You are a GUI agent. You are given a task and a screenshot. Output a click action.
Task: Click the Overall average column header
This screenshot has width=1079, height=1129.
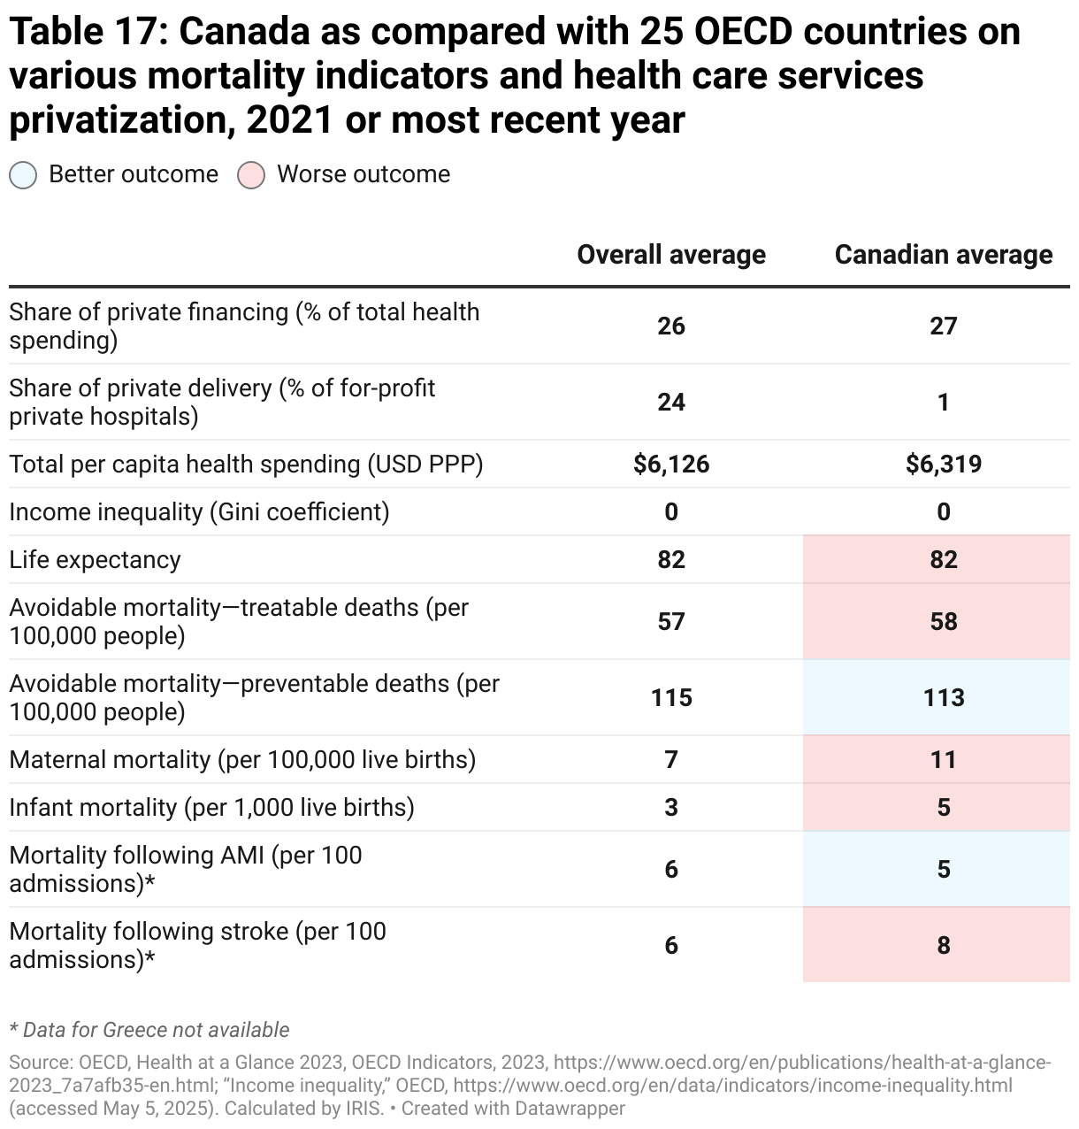670,255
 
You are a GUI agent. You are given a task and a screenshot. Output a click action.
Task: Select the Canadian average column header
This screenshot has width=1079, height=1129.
943,255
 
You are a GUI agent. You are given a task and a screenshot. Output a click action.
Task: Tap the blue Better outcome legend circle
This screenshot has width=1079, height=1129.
23,175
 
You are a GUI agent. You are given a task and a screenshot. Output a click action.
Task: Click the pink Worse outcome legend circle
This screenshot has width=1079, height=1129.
251,175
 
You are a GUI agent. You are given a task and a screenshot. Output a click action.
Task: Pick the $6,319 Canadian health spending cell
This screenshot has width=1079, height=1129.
943,465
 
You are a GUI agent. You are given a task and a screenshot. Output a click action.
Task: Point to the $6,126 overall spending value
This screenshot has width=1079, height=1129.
670,465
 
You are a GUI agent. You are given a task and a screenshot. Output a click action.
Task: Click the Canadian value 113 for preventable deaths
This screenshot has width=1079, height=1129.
943,698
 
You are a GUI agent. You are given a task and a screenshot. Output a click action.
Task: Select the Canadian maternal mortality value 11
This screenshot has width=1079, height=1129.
943,760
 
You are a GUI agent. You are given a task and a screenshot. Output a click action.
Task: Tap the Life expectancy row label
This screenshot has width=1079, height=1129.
95,560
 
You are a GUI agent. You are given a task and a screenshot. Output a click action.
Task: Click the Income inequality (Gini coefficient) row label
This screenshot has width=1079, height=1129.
199,512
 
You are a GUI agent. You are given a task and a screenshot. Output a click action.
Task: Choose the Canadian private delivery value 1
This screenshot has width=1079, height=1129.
943,403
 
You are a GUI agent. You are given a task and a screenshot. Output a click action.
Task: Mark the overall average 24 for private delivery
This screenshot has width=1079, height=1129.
670,403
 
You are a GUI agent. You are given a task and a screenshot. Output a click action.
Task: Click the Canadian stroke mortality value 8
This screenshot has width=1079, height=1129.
943,946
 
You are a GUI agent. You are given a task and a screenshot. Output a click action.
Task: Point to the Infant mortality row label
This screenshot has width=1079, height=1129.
211,808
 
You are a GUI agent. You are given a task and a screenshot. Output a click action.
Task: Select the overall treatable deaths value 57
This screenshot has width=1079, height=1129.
670,622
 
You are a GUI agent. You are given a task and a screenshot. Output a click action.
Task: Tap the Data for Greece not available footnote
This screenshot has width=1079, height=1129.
149,1030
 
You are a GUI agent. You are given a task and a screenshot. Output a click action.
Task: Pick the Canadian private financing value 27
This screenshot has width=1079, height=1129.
943,326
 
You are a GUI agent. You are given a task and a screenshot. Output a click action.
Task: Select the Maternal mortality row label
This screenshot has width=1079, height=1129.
242,760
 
